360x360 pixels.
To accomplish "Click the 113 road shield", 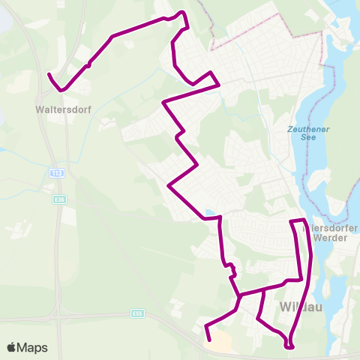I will click(58, 173).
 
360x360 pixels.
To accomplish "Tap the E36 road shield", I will click(60, 199).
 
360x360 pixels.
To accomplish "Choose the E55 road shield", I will click(136, 313).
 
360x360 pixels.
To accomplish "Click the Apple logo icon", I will click(11, 348).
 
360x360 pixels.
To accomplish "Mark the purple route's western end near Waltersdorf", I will click(49, 75).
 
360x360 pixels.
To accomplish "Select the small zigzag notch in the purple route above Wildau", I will click(232, 268).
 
